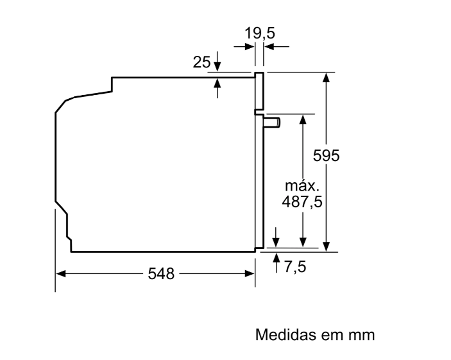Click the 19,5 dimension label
coord(259,33)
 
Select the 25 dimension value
coord(201,62)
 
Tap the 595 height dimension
coord(326,156)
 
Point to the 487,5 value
coord(302,201)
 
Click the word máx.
coord(302,186)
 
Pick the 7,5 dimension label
coord(295,267)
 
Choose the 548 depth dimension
coord(161,273)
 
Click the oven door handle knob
coord(272,123)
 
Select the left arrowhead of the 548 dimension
coord(61,273)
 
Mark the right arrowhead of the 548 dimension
coord(250,273)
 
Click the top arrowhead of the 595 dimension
coord(326,78)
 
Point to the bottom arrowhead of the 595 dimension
coord(326,246)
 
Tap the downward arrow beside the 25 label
coord(217,62)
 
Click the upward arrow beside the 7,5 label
coord(277,262)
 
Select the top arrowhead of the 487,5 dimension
coord(303,119)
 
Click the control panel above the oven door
coord(259,92)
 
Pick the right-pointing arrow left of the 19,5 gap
coord(244,46)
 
